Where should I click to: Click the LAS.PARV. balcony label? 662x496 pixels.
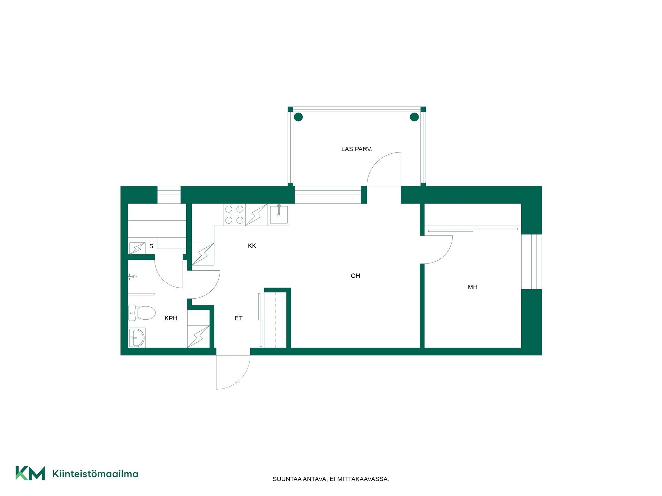[x=357, y=149]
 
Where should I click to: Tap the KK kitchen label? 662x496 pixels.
[x=252, y=246]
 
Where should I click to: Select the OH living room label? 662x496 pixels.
[x=355, y=276]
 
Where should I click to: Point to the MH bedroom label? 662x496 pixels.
[x=473, y=287]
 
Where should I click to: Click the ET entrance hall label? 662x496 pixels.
[x=239, y=318]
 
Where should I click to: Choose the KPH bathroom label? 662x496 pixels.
[x=171, y=318]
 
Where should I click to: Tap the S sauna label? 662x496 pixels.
[x=151, y=246]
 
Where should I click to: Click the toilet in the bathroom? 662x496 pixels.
[x=142, y=313]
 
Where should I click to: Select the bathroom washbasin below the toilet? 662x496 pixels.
[x=137, y=338]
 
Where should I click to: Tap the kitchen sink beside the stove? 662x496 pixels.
[x=279, y=215]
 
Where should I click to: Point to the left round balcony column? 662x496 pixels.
[x=298, y=117]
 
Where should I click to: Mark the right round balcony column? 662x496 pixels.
[x=414, y=117]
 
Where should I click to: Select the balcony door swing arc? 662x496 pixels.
[x=377, y=162]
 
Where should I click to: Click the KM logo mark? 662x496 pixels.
[x=30, y=473]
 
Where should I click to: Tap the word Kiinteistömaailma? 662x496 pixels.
[x=95, y=474]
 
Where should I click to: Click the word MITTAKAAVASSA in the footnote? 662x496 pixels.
[x=363, y=479]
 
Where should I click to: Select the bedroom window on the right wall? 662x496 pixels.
[x=531, y=262]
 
